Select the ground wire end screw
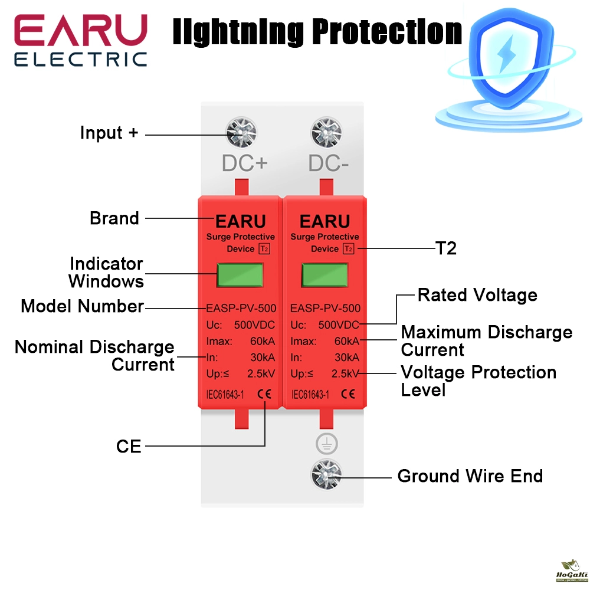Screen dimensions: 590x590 pyautogui.click(x=326, y=474)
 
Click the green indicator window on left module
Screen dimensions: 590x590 pyautogui.click(x=240, y=274)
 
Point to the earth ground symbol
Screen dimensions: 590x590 pyautogui.click(x=326, y=442)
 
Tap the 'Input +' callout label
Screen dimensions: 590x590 pyautogui.click(x=109, y=133)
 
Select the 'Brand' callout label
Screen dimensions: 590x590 pyautogui.click(x=114, y=218)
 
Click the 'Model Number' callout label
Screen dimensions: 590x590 pyautogui.click(x=83, y=306)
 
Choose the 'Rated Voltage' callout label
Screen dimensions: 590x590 pyautogui.click(x=477, y=295)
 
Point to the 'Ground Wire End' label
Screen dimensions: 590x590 pyautogui.click(x=470, y=476)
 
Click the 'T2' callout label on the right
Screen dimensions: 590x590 pyautogui.click(x=445, y=248)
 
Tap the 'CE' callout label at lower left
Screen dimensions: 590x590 pyautogui.click(x=129, y=447)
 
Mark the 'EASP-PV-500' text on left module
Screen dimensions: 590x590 pyautogui.click(x=241, y=308)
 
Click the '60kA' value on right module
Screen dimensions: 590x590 pyautogui.click(x=346, y=340)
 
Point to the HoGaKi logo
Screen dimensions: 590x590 pyautogui.click(x=571, y=575)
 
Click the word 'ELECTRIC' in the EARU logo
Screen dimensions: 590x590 pyautogui.click(x=80, y=59)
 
